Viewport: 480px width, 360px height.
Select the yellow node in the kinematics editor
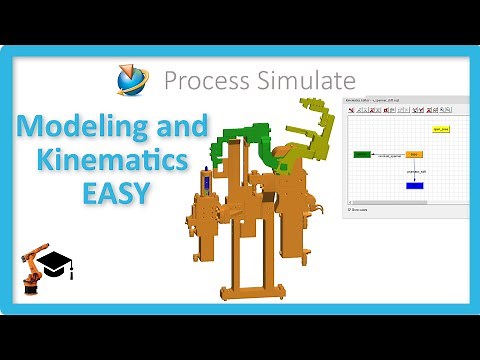[x=439, y=129]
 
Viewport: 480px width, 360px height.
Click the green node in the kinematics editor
[x=361, y=155]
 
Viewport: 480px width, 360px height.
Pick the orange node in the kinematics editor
[x=414, y=154]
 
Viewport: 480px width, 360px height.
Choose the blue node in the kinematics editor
[x=414, y=186]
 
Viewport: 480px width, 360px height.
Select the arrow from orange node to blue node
[x=414, y=170]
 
